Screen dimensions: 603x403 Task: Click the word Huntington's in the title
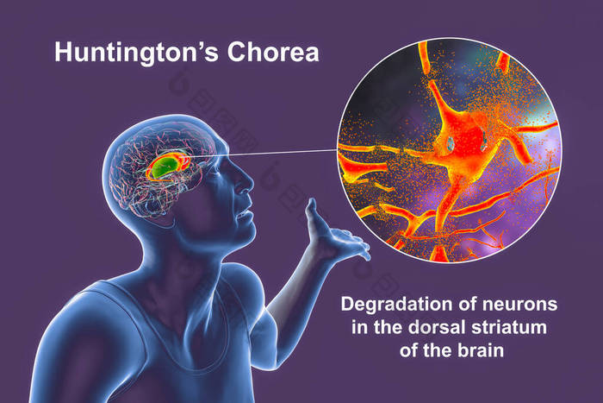[136, 53]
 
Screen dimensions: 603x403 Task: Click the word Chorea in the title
[273, 52]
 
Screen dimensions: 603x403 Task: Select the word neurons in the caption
[519, 305]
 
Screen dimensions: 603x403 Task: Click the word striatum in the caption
[509, 327]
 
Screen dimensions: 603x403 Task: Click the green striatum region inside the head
[165, 166]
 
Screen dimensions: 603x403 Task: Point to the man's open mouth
[245, 215]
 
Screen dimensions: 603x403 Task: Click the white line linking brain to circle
[262, 154]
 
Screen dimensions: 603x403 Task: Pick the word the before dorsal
[388, 327]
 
